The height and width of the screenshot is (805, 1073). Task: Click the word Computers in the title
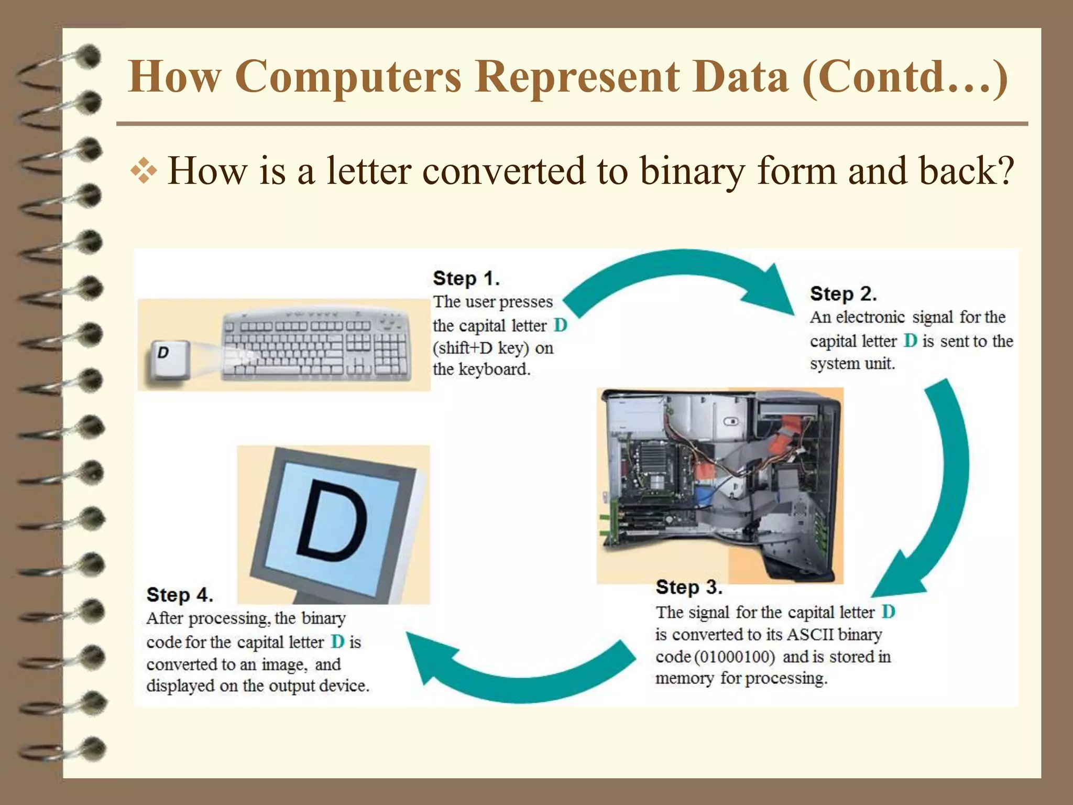348,77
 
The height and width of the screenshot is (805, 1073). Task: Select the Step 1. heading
466,278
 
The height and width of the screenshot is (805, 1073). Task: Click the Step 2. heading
843,293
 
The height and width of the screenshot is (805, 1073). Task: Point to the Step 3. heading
689,588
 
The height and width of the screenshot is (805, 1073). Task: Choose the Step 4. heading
180,595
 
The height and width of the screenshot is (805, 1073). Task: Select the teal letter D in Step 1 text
560,325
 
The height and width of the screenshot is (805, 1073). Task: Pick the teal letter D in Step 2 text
911,341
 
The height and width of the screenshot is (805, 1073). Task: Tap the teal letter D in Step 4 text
338,641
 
